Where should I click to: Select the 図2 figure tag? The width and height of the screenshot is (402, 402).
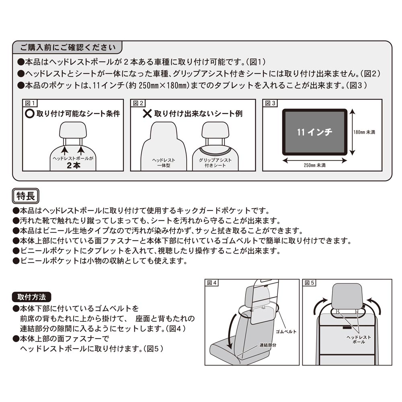(x=136, y=103)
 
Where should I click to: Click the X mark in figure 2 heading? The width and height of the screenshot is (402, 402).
(x=148, y=114)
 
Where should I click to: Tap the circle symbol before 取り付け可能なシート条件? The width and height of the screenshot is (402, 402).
(x=30, y=114)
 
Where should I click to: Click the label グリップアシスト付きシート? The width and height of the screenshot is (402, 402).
(x=215, y=162)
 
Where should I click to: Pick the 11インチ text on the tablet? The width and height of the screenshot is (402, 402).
(x=314, y=132)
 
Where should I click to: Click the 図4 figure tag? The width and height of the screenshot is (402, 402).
(x=212, y=283)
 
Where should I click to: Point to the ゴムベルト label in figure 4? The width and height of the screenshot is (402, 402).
(x=286, y=332)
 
